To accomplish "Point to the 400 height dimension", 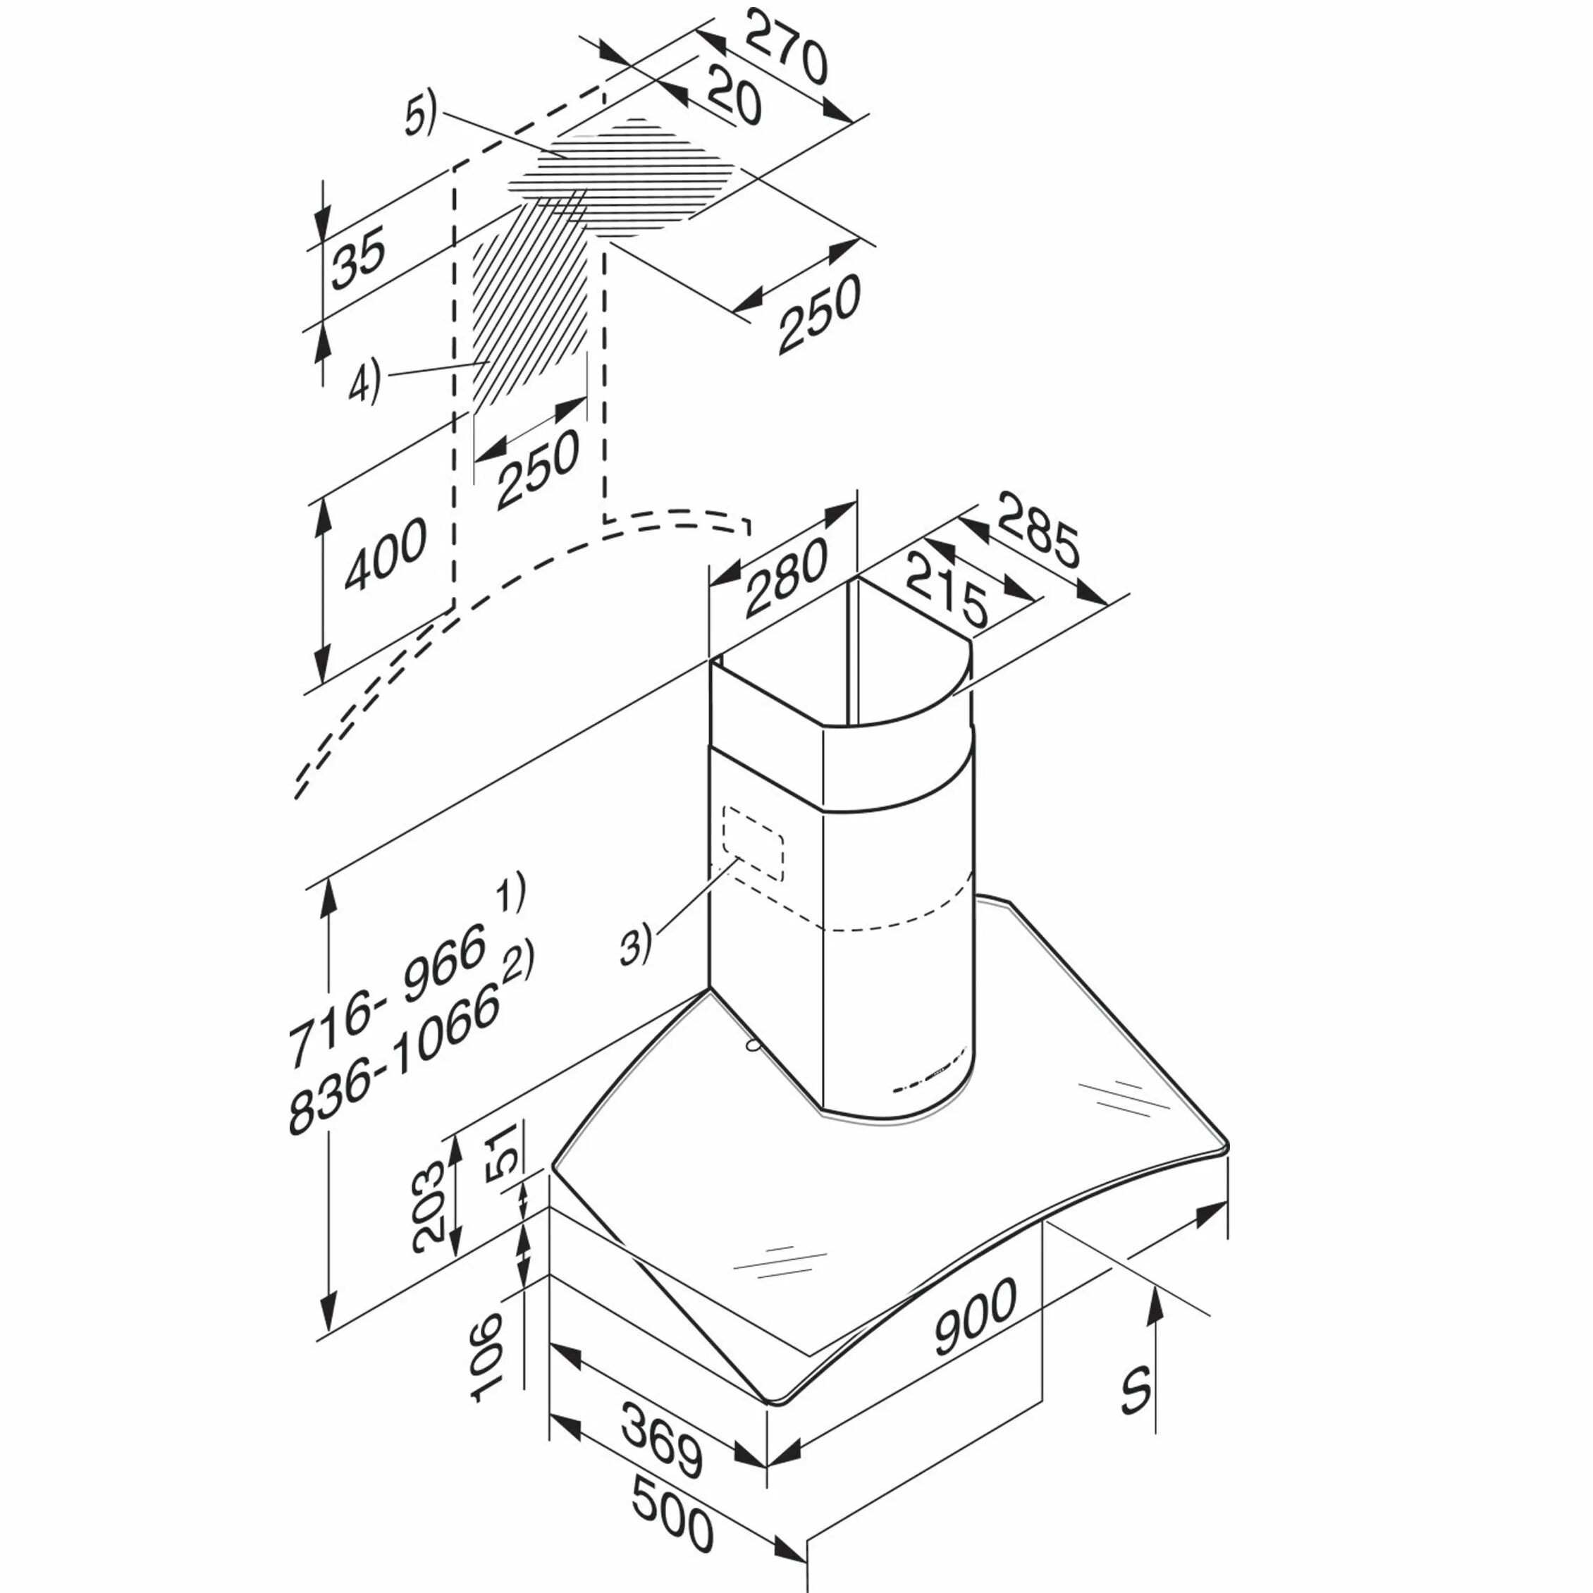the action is click(x=386, y=555).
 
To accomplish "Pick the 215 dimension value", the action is click(x=946, y=591).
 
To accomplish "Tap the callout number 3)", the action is click(x=636, y=945).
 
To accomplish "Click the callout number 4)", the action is click(x=364, y=382).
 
